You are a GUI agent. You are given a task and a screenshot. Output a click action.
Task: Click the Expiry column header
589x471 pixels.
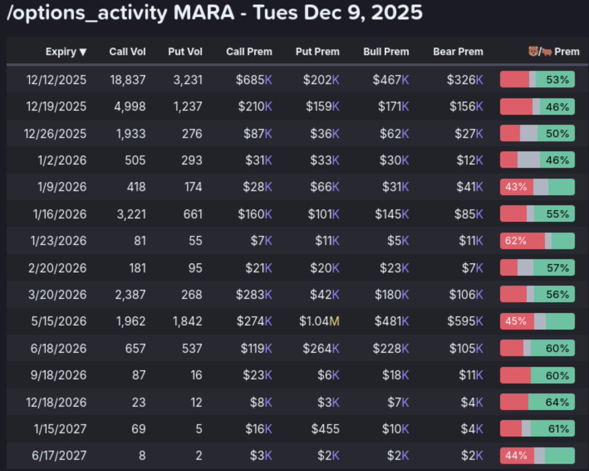coord(66,52)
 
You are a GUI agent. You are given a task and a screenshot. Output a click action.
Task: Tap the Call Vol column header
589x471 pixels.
coord(127,52)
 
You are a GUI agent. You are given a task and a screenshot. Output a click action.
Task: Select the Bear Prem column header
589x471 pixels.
coord(457,52)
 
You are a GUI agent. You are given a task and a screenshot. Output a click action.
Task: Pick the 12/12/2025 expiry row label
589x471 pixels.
coord(56,80)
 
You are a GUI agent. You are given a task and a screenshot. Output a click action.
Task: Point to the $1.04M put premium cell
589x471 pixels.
coord(319,322)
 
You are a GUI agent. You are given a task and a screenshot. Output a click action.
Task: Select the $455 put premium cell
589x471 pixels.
coord(325,429)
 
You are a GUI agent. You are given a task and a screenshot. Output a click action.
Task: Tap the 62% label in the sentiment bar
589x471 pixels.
coord(515,241)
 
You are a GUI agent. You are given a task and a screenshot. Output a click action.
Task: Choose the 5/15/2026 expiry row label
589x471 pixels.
coord(59,322)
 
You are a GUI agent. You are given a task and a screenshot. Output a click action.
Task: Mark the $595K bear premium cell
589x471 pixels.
coord(464,322)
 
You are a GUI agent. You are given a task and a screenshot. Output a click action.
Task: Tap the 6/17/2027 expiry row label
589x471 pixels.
coord(59,456)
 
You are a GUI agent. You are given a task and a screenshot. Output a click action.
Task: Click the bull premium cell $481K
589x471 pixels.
coord(392,322)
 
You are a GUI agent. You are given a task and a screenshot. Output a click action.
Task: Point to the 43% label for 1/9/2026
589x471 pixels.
coord(515,187)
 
